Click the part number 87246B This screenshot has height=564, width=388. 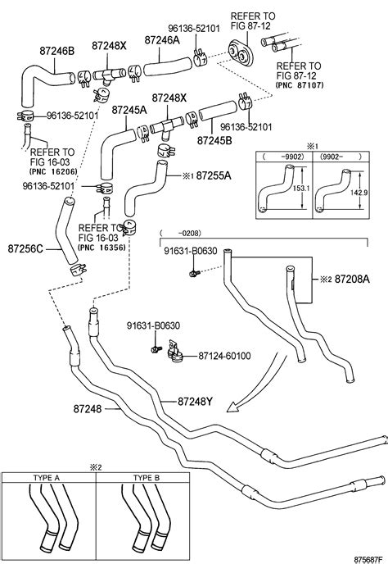(56, 51)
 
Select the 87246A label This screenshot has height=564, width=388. (162, 40)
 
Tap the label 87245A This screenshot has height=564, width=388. (129, 110)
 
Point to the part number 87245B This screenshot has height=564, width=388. (214, 140)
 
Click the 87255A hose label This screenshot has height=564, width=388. (214, 176)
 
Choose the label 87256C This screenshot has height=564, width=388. (25, 248)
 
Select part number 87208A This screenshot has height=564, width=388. (352, 279)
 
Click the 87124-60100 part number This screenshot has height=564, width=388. (224, 356)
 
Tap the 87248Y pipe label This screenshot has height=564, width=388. (195, 402)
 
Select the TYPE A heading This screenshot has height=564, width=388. (47, 478)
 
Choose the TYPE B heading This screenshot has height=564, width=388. (147, 478)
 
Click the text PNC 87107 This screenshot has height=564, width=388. (300, 85)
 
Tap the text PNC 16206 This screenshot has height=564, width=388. (53, 171)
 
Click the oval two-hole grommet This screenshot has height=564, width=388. (241, 52)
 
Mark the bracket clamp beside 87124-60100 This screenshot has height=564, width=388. (175, 352)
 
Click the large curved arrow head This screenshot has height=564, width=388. (233, 407)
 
